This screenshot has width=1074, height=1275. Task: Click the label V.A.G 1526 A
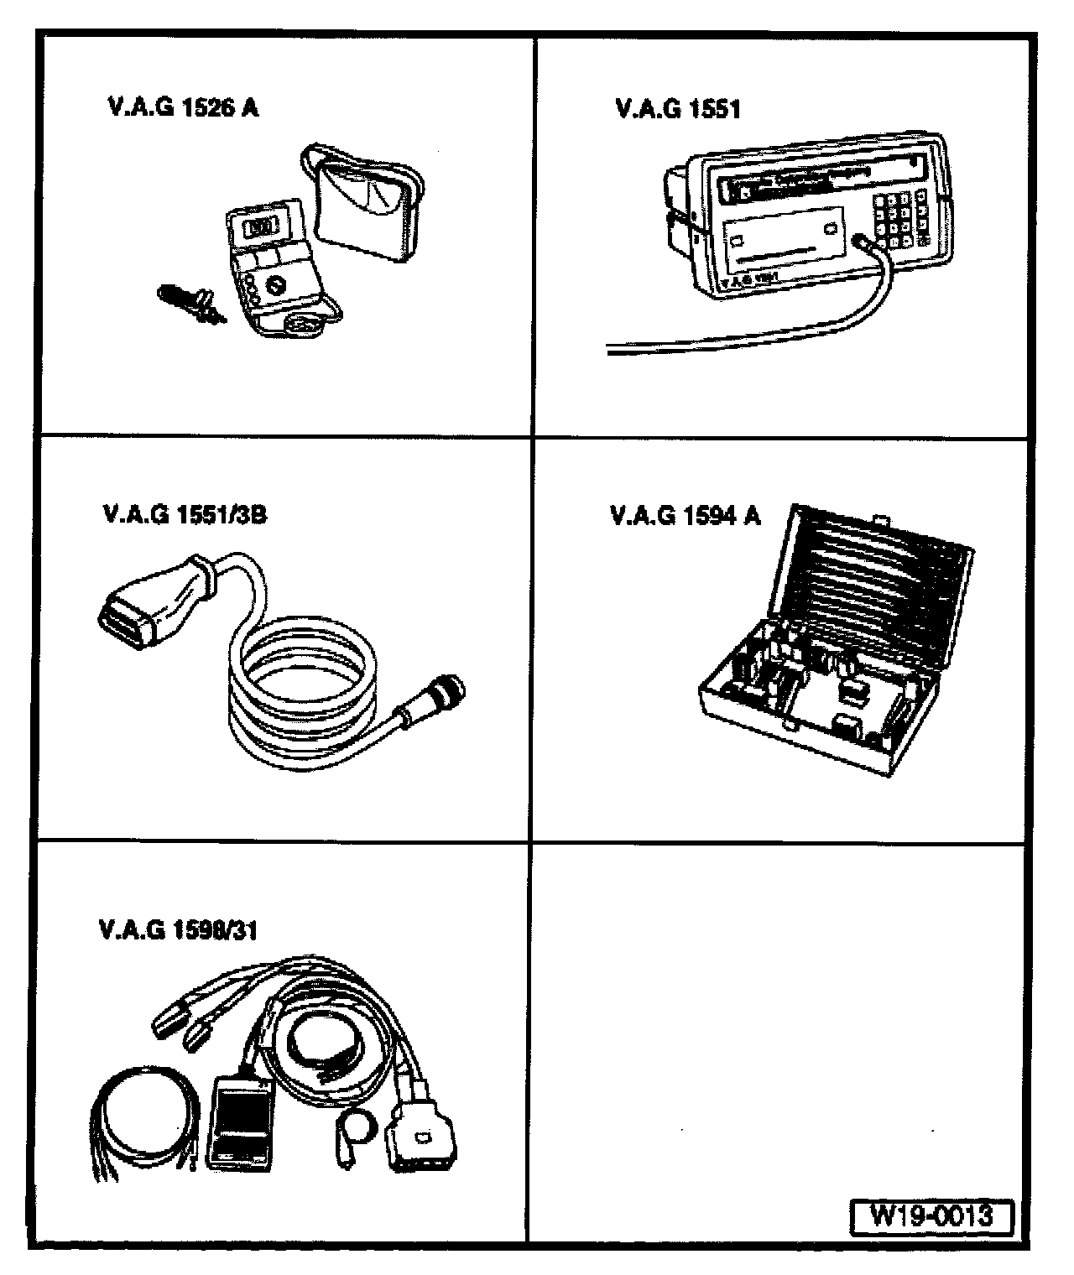coord(183,109)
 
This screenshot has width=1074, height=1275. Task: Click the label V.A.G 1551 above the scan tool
coord(678,109)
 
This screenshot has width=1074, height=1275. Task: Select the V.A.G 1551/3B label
coord(183,513)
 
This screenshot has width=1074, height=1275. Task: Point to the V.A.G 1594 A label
coord(685,515)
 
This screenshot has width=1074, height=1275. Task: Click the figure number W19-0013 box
coord(931,1215)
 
